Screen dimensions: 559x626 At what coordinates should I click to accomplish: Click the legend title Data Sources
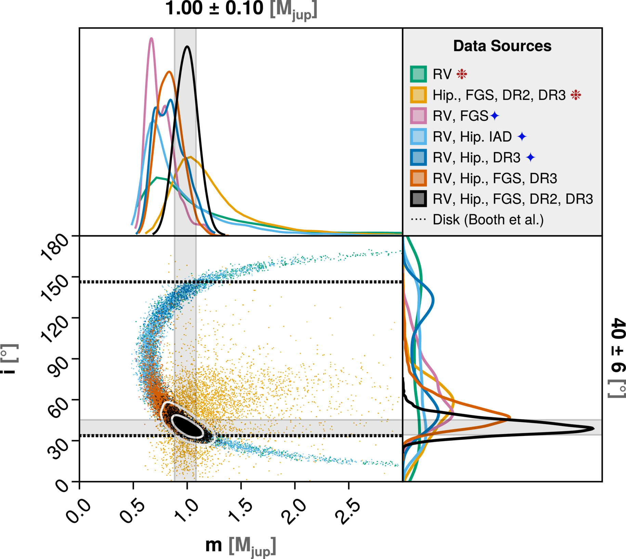click(502, 46)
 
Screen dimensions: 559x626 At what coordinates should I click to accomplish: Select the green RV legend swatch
click(418, 74)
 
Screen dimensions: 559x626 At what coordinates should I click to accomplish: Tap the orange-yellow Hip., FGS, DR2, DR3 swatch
click(418, 95)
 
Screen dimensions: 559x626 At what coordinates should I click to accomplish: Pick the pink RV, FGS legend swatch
click(418, 116)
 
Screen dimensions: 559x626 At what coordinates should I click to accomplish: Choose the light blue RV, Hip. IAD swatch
click(418, 137)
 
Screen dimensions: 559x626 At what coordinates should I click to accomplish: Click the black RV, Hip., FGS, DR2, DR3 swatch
click(418, 199)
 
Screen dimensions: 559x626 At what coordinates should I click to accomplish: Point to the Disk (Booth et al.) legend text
click(488, 220)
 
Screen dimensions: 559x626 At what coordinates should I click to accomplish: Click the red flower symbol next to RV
click(462, 74)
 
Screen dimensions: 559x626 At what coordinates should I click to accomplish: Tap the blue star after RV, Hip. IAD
click(522, 137)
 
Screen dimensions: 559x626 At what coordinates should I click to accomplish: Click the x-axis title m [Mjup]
click(240, 546)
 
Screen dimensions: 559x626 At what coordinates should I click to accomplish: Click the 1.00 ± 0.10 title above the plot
click(241, 9)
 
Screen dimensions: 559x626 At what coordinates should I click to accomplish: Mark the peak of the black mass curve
click(187, 46)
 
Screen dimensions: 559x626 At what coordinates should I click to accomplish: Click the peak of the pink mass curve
click(151, 38)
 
